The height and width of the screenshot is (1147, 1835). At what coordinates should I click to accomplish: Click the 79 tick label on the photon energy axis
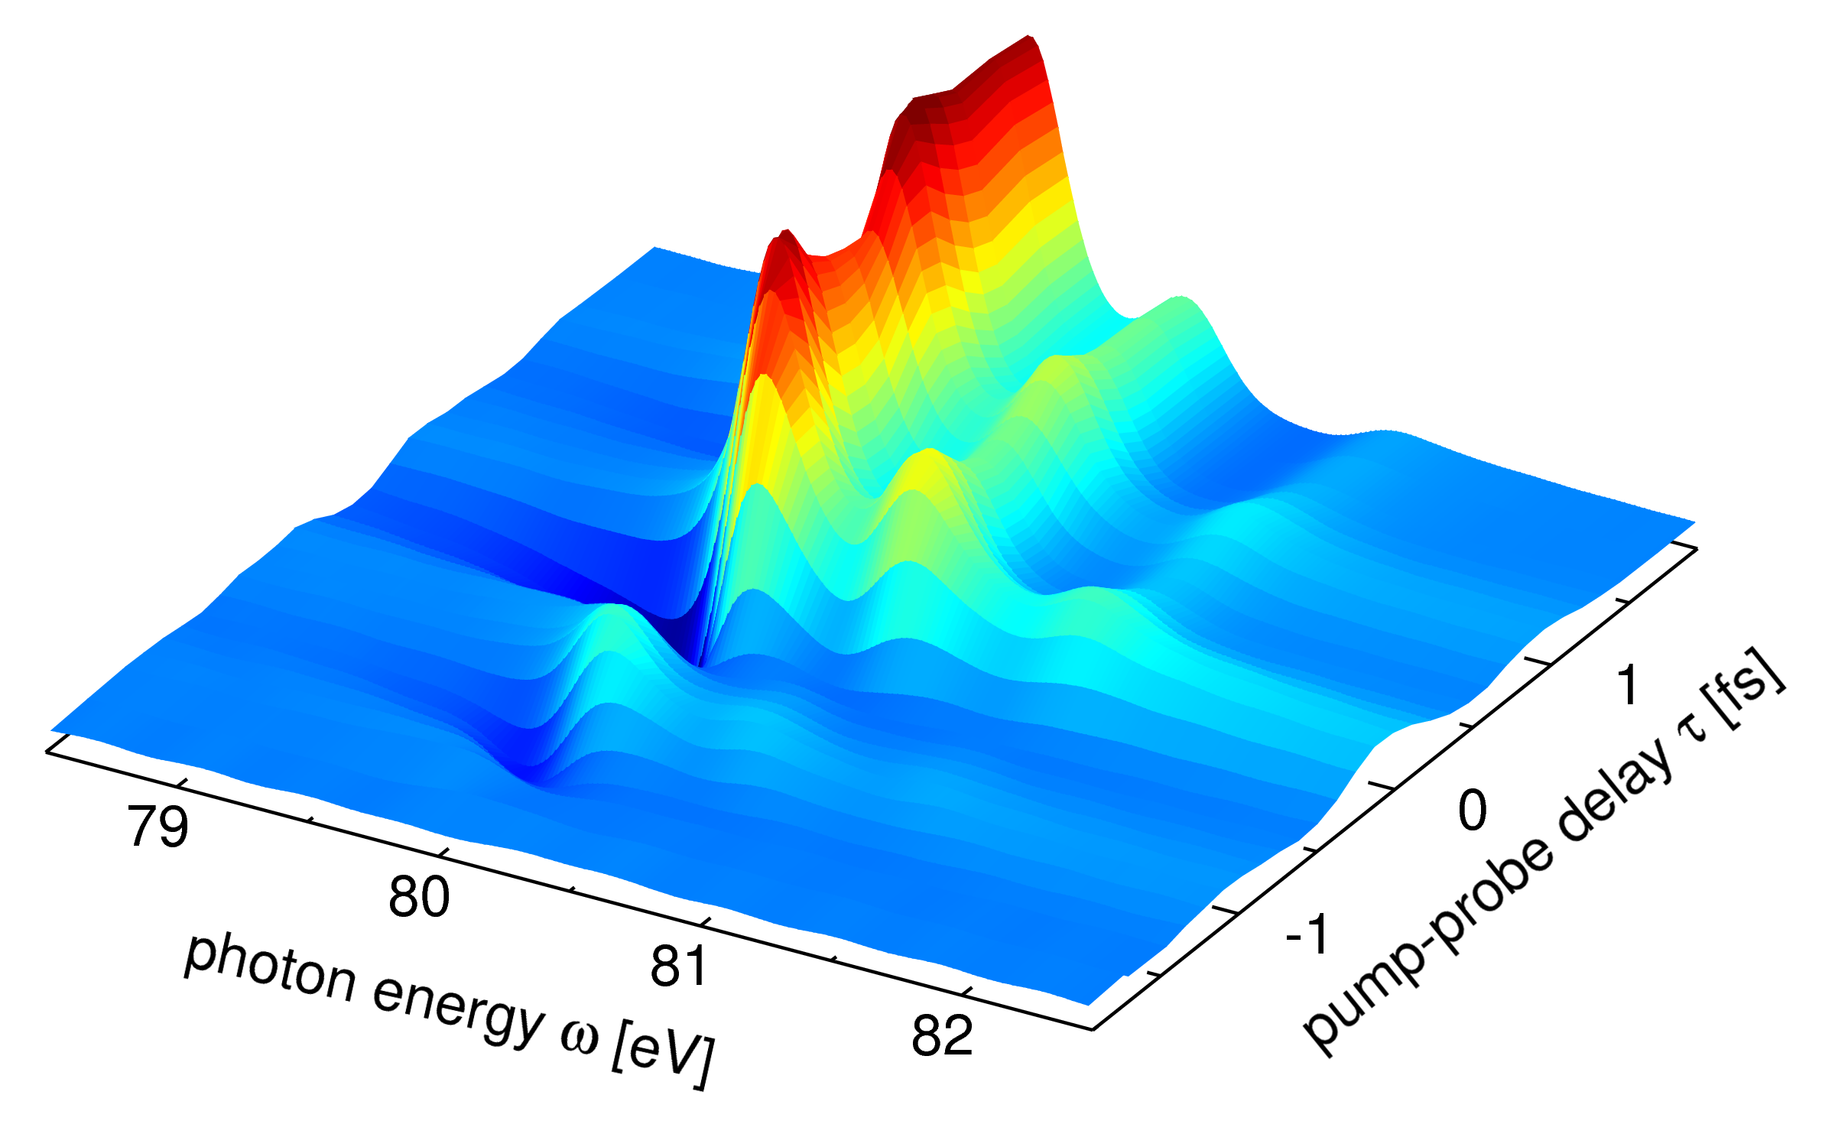158,827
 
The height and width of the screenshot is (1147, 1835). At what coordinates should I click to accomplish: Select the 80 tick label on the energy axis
419,897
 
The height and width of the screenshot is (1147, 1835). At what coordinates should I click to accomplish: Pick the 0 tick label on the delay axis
1473,811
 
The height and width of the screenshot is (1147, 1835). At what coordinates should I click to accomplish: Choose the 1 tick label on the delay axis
1628,684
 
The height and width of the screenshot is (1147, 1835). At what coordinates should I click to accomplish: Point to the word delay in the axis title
1613,795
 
